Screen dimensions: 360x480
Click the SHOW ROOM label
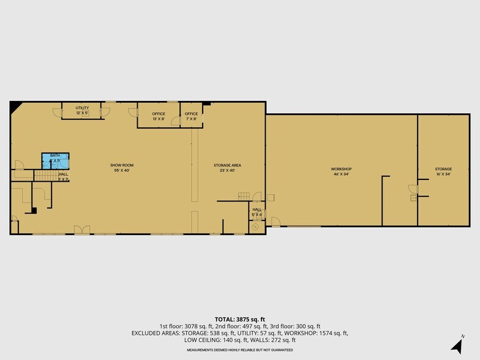click(x=122, y=165)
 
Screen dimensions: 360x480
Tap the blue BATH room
click(x=55, y=160)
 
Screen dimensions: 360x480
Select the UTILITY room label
click(x=83, y=108)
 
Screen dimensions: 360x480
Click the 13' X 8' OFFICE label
click(x=159, y=114)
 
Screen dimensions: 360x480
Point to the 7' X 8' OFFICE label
click(x=191, y=114)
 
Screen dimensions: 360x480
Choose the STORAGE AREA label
click(x=227, y=165)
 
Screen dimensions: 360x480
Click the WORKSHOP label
click(x=341, y=169)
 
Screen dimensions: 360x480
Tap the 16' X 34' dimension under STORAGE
click(x=443, y=174)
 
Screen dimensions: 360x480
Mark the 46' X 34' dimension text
click(x=341, y=174)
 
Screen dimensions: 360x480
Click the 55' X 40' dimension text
click(x=122, y=171)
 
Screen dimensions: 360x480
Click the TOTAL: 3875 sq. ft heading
click(x=239, y=319)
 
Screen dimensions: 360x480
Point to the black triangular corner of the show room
click(x=14, y=107)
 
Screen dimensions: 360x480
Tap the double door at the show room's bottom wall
click(x=82, y=230)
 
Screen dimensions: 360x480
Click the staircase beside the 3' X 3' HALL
click(x=43, y=176)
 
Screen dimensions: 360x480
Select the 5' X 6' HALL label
click(x=257, y=212)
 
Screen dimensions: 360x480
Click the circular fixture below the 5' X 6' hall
click(x=255, y=227)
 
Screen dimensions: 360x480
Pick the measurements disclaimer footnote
click(x=239, y=350)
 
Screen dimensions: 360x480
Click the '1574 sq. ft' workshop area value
click(x=334, y=333)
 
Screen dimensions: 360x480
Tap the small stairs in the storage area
click(x=243, y=196)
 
